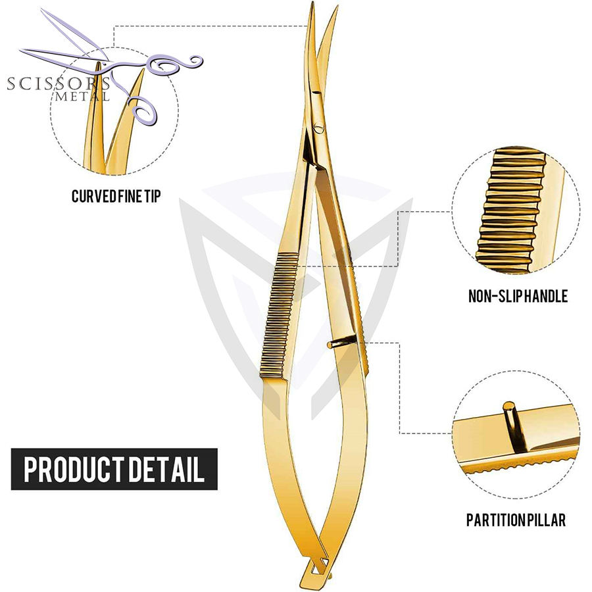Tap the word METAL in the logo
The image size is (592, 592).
pos(83,96)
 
